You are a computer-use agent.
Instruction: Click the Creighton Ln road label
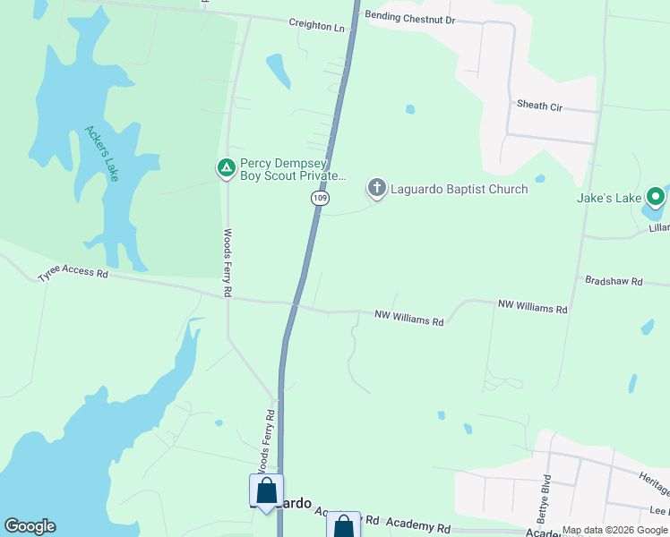pyautogui.click(x=316, y=27)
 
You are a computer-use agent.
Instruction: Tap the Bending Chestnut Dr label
pyautogui.click(x=410, y=19)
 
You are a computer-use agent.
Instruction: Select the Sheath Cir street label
pyautogui.click(x=539, y=106)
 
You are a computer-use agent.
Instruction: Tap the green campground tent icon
pyautogui.click(x=227, y=167)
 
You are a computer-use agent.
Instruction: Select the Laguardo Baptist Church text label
pyautogui.click(x=460, y=189)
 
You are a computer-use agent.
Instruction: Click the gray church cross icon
pyautogui.click(x=377, y=188)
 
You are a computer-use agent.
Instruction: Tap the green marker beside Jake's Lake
pyautogui.click(x=656, y=196)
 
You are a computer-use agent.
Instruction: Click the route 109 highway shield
pyautogui.click(x=318, y=197)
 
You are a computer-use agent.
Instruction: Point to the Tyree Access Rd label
pyautogui.click(x=73, y=277)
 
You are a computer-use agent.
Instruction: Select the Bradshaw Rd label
pyautogui.click(x=614, y=281)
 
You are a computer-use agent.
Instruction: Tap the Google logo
pyautogui.click(x=30, y=526)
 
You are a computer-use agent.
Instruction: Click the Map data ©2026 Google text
pyautogui.click(x=614, y=530)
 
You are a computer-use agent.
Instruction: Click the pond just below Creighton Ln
pyautogui.click(x=278, y=70)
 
